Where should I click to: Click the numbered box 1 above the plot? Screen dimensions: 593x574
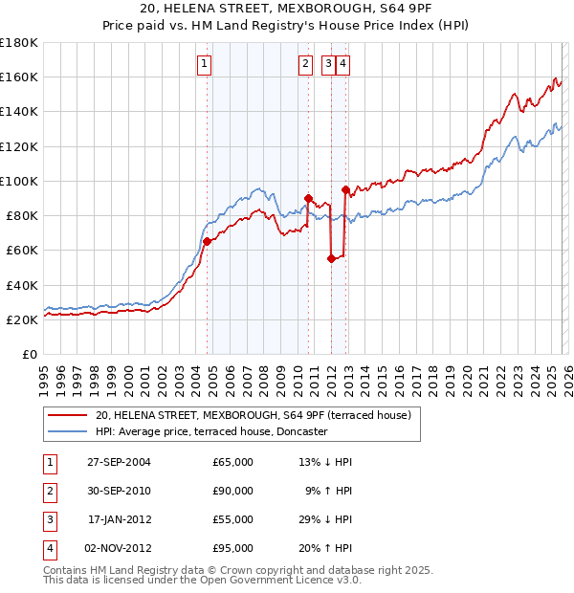206,64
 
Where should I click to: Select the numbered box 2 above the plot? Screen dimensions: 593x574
305,64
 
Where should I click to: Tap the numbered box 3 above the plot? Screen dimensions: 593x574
328,64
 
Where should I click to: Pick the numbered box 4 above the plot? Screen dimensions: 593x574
342,64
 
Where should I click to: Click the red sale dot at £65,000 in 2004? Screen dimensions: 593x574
207,242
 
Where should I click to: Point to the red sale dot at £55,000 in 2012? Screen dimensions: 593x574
331,258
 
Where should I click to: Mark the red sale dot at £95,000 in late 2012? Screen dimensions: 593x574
344,189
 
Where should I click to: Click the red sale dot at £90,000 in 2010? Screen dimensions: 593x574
309,198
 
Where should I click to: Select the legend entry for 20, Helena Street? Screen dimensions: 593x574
253,415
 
